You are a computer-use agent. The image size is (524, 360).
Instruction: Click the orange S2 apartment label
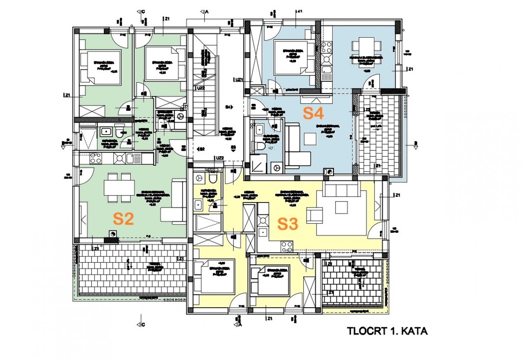(x=124, y=219)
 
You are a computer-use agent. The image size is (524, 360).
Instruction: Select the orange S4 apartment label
(x=314, y=113)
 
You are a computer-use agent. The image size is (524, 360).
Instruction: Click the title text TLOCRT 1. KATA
(x=387, y=331)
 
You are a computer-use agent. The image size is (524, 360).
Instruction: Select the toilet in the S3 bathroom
(x=212, y=178)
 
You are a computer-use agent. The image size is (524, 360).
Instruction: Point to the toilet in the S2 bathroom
(x=120, y=132)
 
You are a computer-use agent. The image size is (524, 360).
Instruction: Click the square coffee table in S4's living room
(x=310, y=139)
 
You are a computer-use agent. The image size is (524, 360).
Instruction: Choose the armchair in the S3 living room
(x=314, y=216)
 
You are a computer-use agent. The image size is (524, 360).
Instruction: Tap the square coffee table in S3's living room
(x=341, y=207)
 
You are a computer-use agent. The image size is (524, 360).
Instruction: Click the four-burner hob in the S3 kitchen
(x=287, y=246)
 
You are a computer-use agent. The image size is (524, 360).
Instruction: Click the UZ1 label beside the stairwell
(x=239, y=79)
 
